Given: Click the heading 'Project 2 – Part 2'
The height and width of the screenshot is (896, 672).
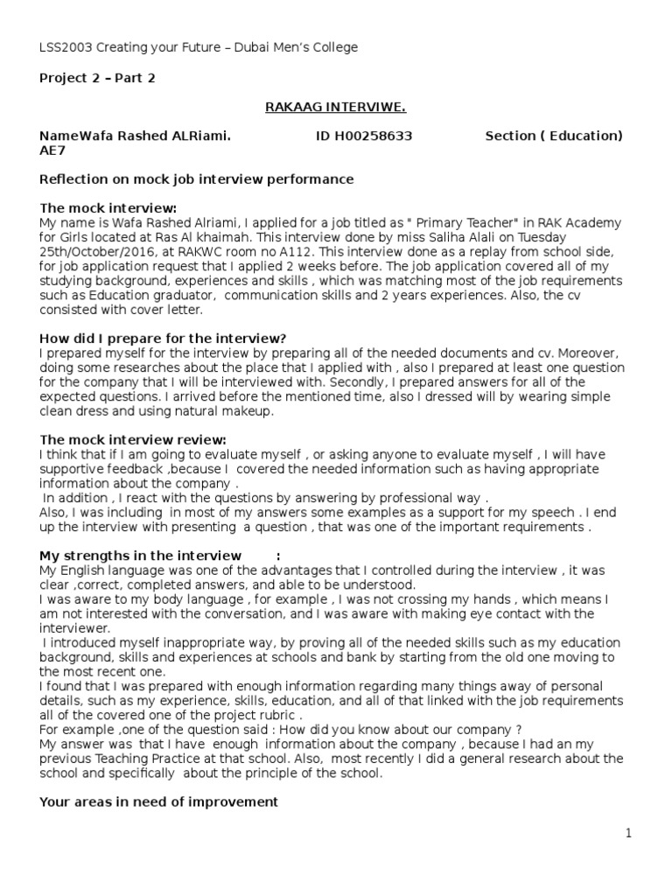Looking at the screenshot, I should (98, 78).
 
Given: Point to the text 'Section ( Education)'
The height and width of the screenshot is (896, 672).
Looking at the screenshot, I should (554, 136).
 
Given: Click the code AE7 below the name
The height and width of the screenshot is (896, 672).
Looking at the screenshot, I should (52, 150).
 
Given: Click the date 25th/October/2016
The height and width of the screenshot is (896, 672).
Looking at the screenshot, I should (95, 252).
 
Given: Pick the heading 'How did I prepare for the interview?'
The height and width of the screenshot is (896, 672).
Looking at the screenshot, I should (164, 338).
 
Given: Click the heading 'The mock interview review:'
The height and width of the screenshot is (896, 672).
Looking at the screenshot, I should (133, 439).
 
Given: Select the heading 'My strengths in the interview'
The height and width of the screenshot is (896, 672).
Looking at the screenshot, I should (141, 556).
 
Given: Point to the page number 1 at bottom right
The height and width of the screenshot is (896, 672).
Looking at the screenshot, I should (628, 834).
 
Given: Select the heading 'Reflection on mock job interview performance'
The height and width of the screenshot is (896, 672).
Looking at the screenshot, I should (197, 179).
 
